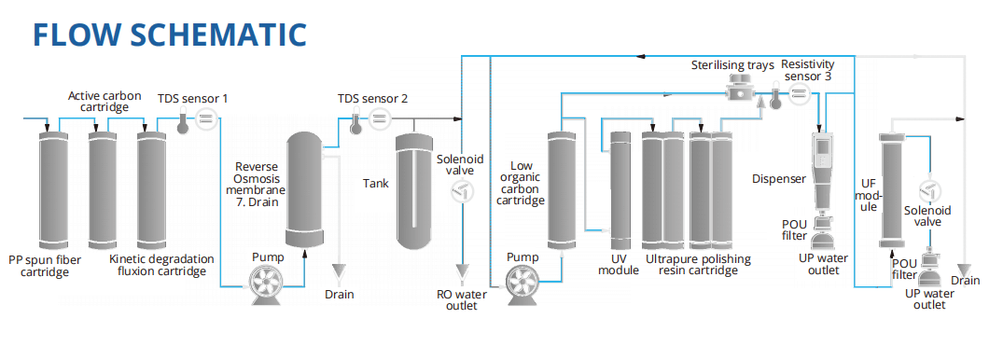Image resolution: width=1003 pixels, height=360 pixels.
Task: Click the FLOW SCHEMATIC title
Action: pyautogui.click(x=170, y=35)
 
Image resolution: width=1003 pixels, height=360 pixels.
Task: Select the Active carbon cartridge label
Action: pyautogui.click(x=104, y=101)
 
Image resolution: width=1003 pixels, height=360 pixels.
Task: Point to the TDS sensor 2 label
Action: pyautogui.click(x=372, y=99)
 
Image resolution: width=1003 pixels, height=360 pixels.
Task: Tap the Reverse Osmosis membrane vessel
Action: pyautogui.click(x=304, y=189)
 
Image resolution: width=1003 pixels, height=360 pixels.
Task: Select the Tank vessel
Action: pyautogui.click(x=415, y=192)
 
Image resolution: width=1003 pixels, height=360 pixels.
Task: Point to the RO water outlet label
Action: pyautogui.click(x=461, y=300)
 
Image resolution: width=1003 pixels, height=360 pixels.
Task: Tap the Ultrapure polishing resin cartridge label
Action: pyautogui.click(x=698, y=265)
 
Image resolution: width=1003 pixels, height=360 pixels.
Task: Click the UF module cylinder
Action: pyautogui.click(x=889, y=189)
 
